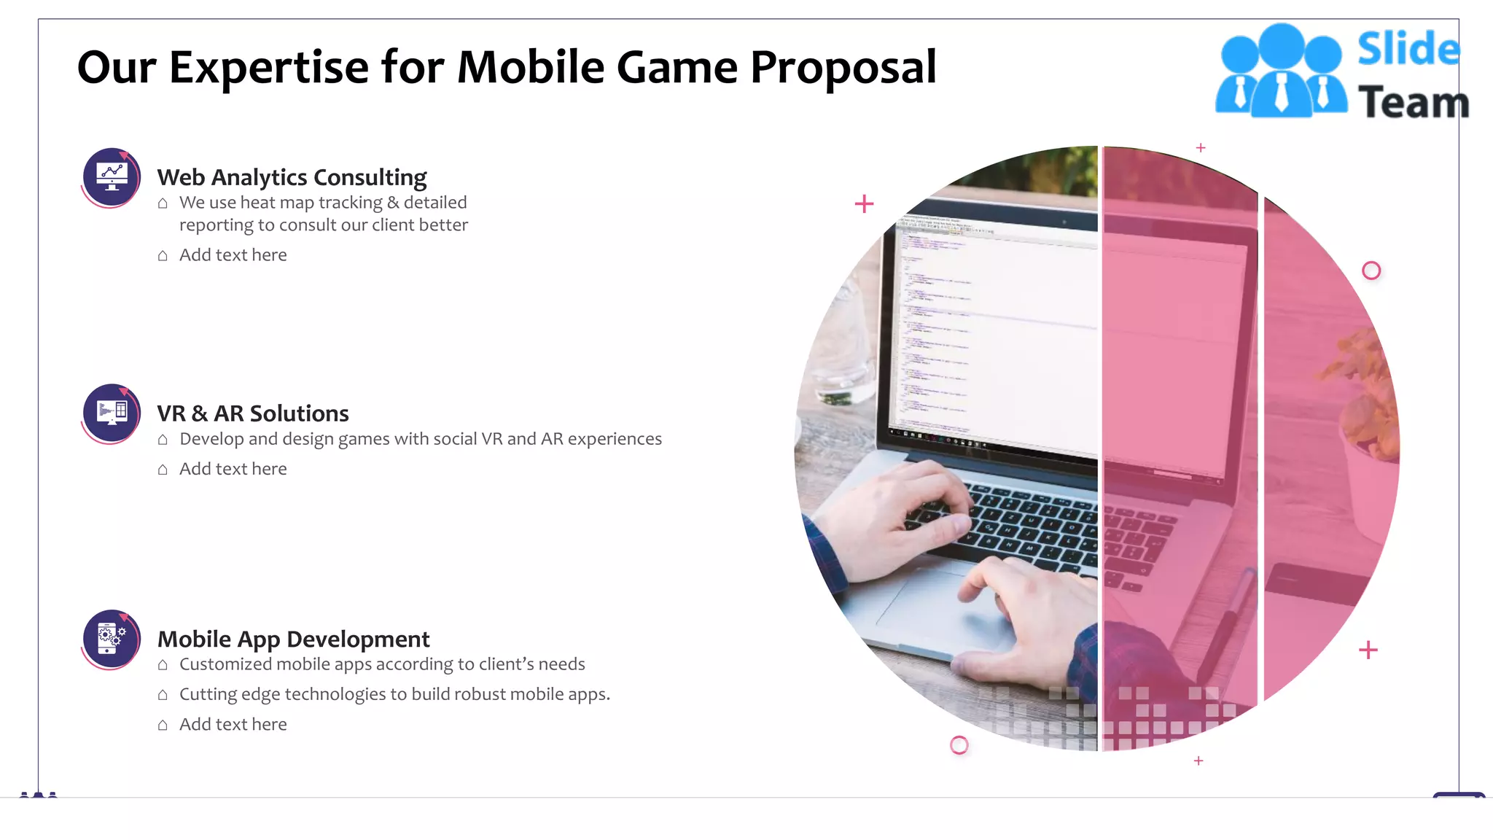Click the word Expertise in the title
268,68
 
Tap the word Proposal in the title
843,68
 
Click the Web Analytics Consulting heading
292,177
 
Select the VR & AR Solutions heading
253,413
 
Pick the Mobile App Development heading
293,639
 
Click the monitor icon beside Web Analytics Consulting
112,176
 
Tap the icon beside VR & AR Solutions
112,413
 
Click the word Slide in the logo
1408,50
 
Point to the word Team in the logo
1413,102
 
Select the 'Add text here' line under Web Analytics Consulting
233,255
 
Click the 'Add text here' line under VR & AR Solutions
233,469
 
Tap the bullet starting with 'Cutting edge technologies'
394,694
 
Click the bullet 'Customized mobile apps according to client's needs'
382,664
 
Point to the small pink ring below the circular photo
959,744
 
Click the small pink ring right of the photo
1371,271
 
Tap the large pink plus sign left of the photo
864,203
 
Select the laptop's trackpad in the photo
940,612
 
